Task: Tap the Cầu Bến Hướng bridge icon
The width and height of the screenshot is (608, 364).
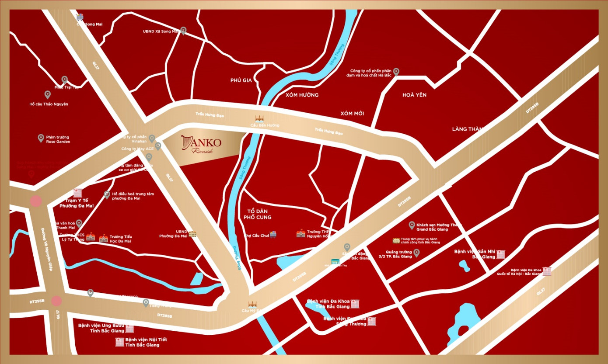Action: (259, 118)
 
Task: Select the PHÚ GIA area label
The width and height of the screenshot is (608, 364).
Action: (241, 80)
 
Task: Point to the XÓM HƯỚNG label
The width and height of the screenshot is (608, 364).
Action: (302, 95)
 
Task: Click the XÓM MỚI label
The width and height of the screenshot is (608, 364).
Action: (352, 114)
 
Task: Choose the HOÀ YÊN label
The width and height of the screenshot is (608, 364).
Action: (414, 95)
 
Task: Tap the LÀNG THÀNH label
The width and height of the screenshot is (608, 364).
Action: (468, 129)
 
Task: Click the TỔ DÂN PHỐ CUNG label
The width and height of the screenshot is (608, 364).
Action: (258, 214)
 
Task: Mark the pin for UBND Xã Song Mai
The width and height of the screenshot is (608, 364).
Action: (183, 31)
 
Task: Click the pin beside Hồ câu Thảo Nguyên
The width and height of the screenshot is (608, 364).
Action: (48, 94)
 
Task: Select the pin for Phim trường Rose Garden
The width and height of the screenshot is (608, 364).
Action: (41, 138)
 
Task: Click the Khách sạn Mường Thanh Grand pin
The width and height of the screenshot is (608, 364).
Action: (412, 225)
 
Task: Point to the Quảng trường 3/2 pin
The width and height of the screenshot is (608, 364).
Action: (416, 253)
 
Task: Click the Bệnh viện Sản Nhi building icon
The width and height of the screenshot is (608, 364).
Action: (500, 254)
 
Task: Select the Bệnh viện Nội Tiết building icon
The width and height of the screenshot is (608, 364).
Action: (119, 342)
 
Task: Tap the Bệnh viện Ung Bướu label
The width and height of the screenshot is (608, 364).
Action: (101, 328)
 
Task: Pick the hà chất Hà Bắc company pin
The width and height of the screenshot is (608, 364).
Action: (396, 72)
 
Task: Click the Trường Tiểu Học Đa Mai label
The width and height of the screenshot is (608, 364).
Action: (121, 239)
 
